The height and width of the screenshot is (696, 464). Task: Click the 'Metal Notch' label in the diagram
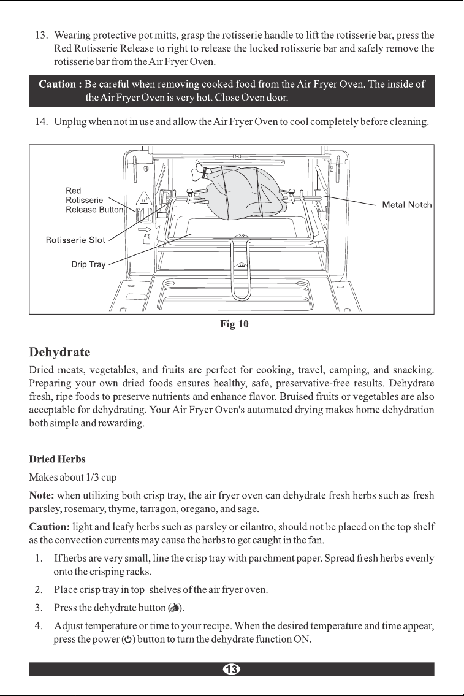(x=407, y=205)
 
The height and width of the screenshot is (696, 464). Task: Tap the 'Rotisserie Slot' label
(x=75, y=240)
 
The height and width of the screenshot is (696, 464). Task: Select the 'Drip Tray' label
(x=88, y=264)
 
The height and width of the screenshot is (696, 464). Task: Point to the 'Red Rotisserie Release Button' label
(x=94, y=200)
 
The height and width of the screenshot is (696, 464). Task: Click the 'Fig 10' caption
(x=234, y=324)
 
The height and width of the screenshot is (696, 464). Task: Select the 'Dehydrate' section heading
(x=59, y=353)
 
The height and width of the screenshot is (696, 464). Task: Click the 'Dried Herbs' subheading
(x=57, y=459)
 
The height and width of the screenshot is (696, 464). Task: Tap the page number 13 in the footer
(x=232, y=669)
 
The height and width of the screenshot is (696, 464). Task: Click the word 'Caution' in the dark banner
(x=57, y=85)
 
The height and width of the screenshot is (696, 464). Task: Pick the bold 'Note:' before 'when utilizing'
(x=42, y=495)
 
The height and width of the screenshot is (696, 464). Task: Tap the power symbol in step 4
(x=128, y=640)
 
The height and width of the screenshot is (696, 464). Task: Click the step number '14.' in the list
(x=41, y=122)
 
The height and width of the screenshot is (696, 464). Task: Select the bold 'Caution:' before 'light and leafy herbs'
(x=50, y=527)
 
